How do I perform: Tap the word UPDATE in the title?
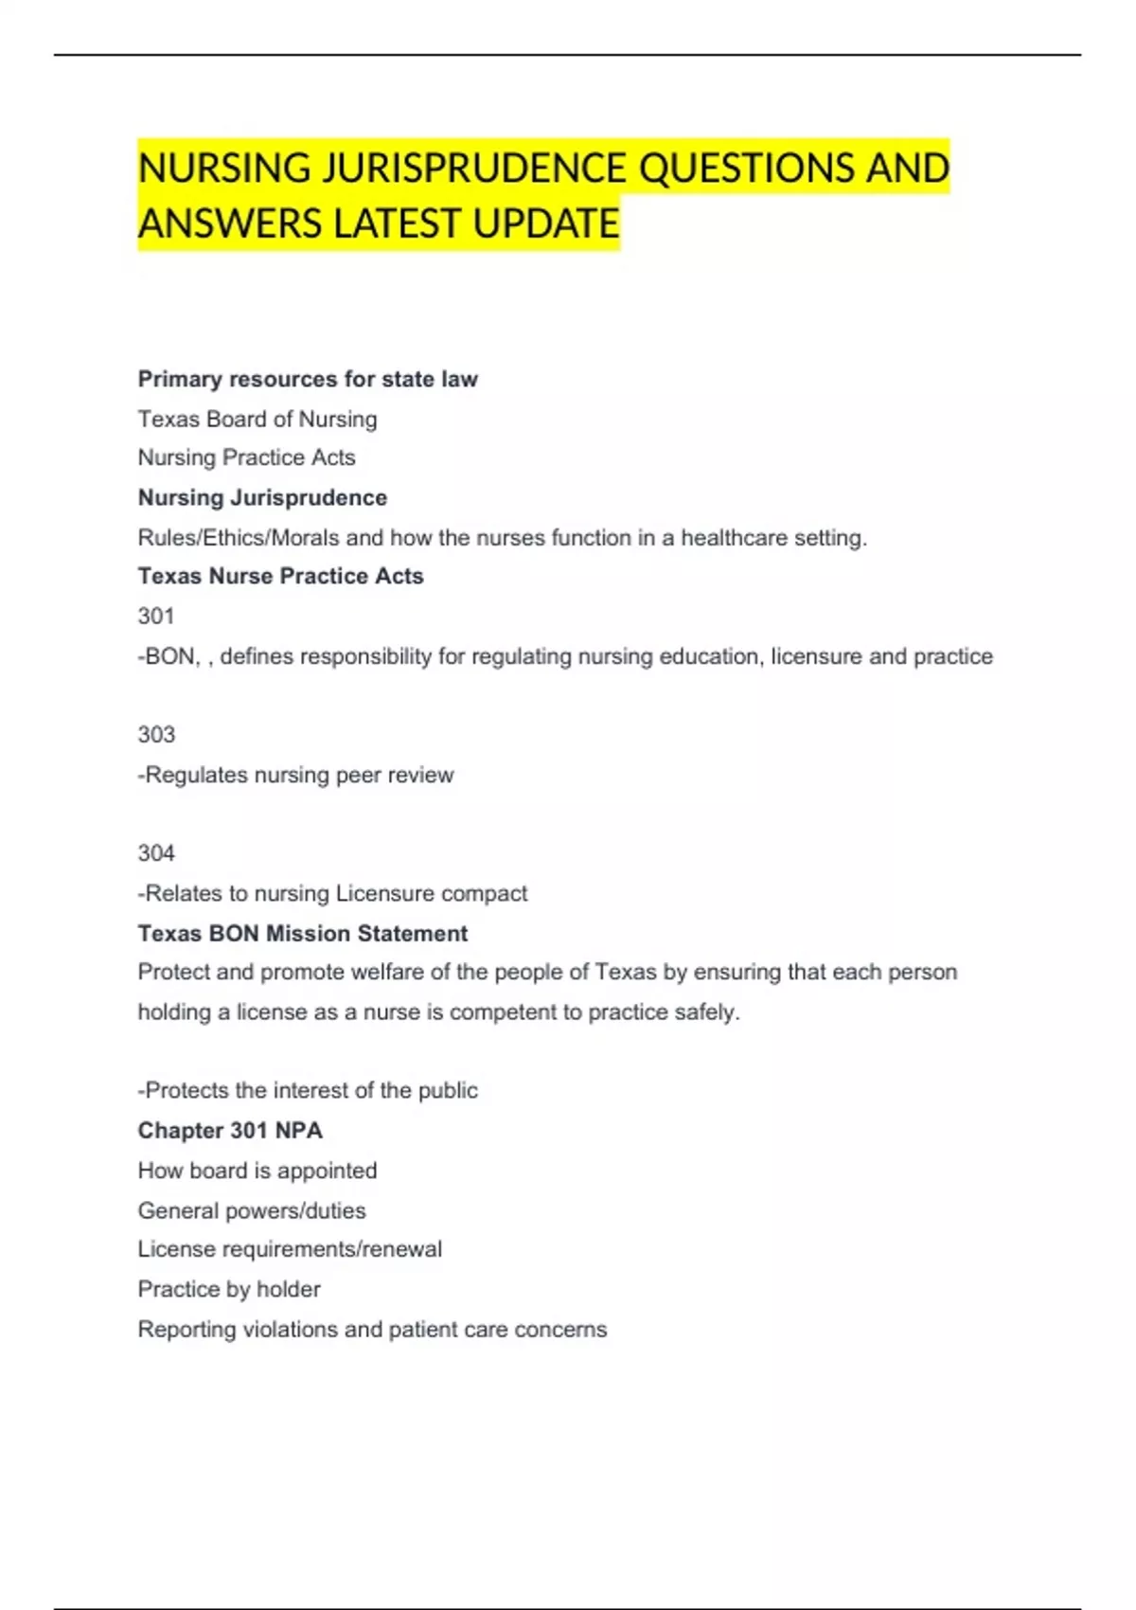pyautogui.click(x=545, y=224)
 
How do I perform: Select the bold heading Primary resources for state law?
pyautogui.click(x=308, y=379)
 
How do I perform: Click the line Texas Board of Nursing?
pyautogui.click(x=257, y=419)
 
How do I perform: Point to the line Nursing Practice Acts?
pyautogui.click(x=246, y=457)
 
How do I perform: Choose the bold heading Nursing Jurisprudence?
pyautogui.click(x=262, y=497)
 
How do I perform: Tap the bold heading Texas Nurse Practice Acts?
pyautogui.click(x=280, y=576)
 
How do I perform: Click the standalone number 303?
pyautogui.click(x=156, y=734)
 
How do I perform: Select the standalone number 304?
pyautogui.click(x=156, y=852)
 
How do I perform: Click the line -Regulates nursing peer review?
pyautogui.click(x=295, y=775)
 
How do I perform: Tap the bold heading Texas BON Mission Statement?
pyautogui.click(x=302, y=933)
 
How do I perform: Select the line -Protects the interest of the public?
pyautogui.click(x=308, y=1090)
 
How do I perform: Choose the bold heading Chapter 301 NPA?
pyautogui.click(x=230, y=1130)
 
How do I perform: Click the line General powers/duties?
pyautogui.click(x=252, y=1210)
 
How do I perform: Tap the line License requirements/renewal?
pyautogui.click(x=290, y=1249)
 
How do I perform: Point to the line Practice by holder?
pyautogui.click(x=229, y=1289)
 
